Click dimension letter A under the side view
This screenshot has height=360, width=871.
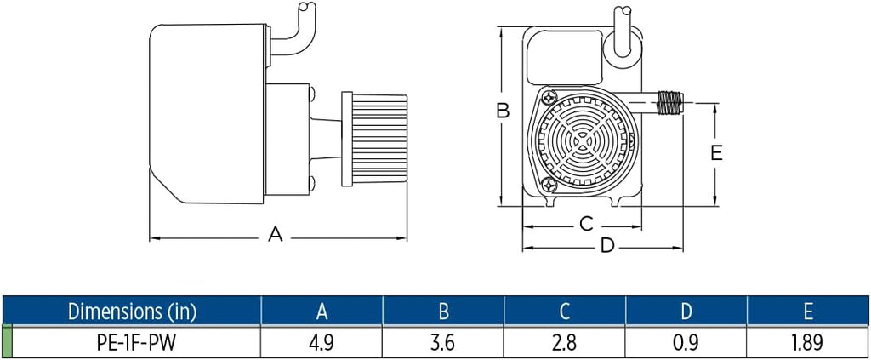[x=275, y=235]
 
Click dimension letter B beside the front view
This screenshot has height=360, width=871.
[x=503, y=111]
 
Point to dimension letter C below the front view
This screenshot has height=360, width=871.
[x=586, y=224]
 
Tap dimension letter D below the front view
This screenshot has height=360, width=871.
[x=607, y=246]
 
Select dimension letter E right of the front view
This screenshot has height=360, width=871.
[x=716, y=152]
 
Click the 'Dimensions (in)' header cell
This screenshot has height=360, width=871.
[x=132, y=311]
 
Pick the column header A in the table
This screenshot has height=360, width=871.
[x=322, y=311]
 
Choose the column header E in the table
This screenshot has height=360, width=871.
[x=808, y=311]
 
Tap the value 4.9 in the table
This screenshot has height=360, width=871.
[x=322, y=342]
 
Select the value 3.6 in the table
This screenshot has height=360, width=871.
[x=443, y=342]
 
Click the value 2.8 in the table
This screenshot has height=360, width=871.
[x=565, y=342]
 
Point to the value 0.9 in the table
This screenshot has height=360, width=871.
[x=686, y=342]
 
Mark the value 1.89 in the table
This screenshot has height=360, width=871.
[x=808, y=342]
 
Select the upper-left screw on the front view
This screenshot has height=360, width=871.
[x=548, y=100]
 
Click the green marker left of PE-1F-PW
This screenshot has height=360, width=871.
[x=8, y=342]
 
